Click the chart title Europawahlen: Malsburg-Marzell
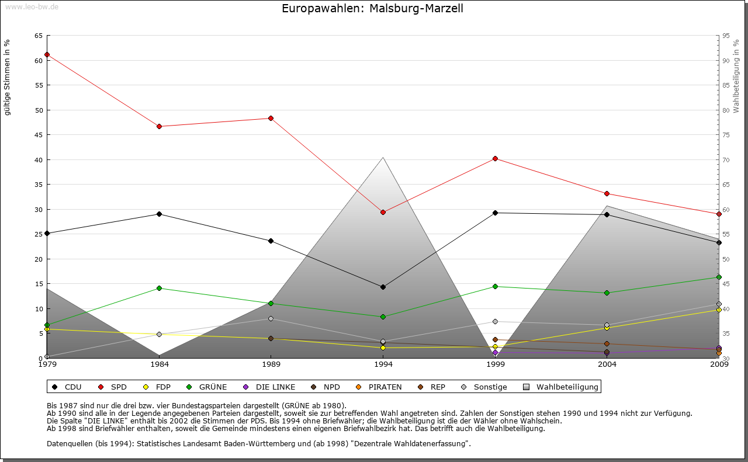(372, 9)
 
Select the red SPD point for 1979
(47, 54)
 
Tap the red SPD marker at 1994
(383, 212)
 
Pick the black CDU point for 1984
(159, 214)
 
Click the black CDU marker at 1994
(383, 287)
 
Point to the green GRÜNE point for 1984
(159, 288)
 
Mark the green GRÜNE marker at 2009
(719, 277)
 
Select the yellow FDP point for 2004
(607, 328)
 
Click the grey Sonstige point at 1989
(271, 318)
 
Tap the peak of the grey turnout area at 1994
(383, 157)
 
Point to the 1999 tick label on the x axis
(495, 364)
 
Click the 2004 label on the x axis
(607, 364)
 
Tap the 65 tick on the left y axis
(39, 36)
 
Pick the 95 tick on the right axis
(726, 36)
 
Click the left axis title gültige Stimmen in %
(8, 77)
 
